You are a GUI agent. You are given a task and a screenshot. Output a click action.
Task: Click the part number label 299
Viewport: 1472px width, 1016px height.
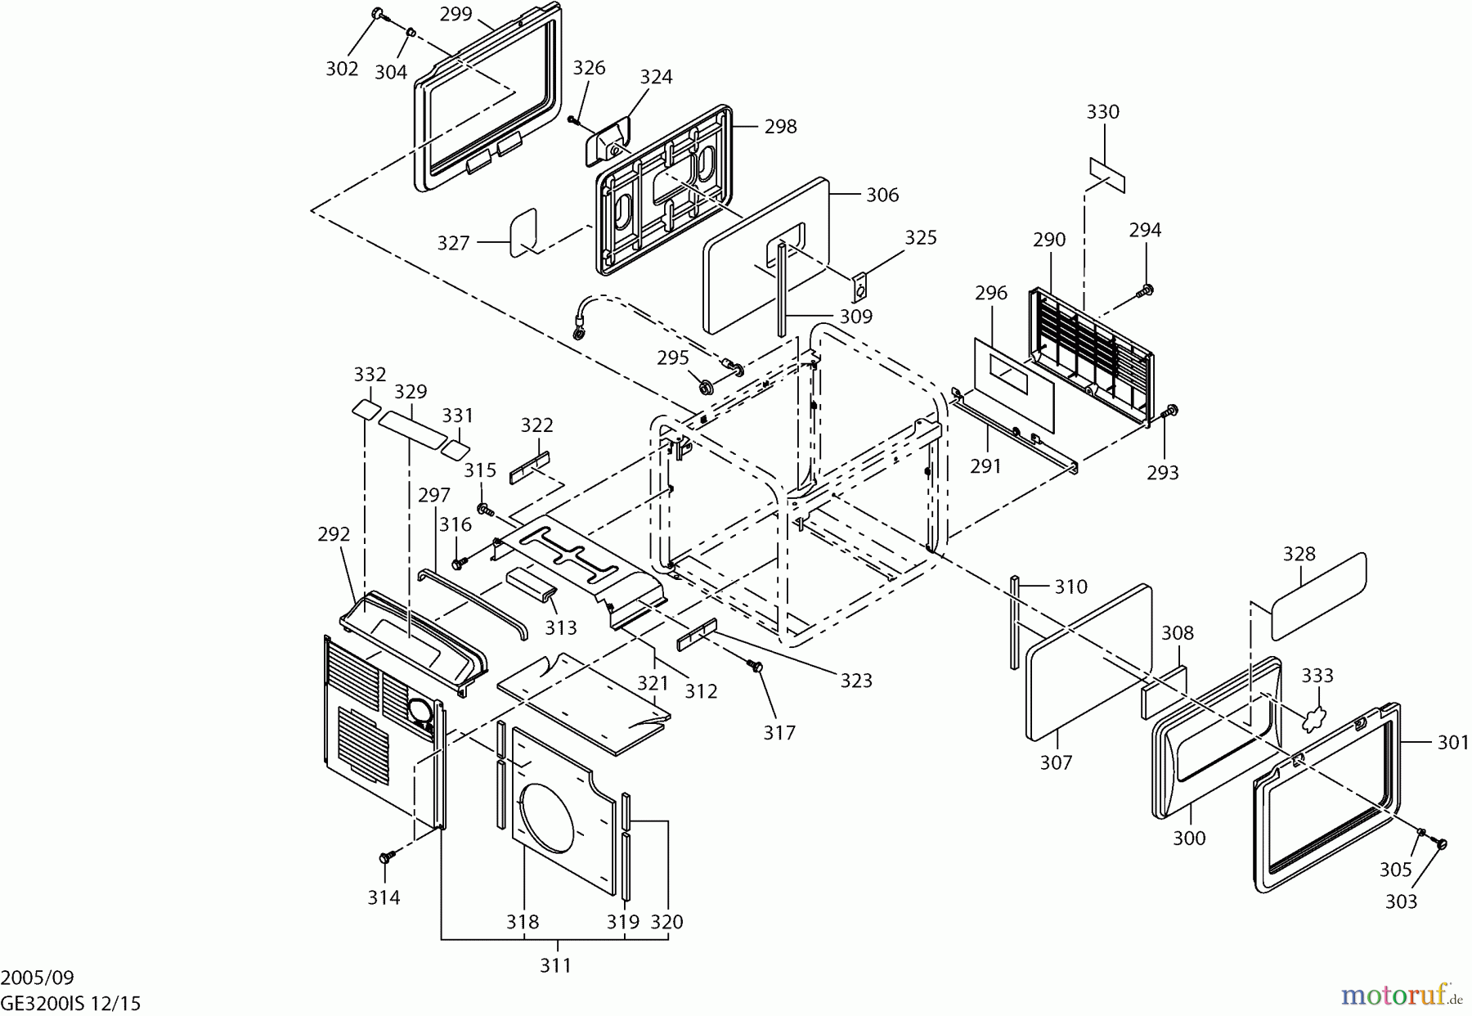456,14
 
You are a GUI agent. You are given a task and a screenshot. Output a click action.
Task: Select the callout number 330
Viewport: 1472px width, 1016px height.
1102,112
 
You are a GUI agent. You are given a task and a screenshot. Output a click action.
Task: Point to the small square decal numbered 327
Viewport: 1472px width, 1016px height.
523,232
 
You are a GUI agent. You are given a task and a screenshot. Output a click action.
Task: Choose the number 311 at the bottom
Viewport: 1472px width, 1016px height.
555,965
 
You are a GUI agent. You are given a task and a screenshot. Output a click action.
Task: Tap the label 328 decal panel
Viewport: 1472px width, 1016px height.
1318,595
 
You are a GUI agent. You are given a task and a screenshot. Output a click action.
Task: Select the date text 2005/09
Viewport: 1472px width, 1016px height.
38,978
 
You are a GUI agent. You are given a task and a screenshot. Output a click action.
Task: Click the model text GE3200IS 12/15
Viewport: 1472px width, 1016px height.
71,1003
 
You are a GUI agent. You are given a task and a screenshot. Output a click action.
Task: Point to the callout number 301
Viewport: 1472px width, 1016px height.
1452,742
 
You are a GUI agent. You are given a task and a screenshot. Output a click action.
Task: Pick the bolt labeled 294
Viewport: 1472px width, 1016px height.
1146,290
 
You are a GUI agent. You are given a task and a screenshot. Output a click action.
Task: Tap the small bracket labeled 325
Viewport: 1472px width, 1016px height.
859,286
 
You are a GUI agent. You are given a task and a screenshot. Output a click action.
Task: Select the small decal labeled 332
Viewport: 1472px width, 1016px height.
366,409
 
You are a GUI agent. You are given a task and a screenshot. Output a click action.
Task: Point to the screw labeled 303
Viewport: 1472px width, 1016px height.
1440,844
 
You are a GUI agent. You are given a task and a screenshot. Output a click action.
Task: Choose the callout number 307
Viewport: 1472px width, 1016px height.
1056,762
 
